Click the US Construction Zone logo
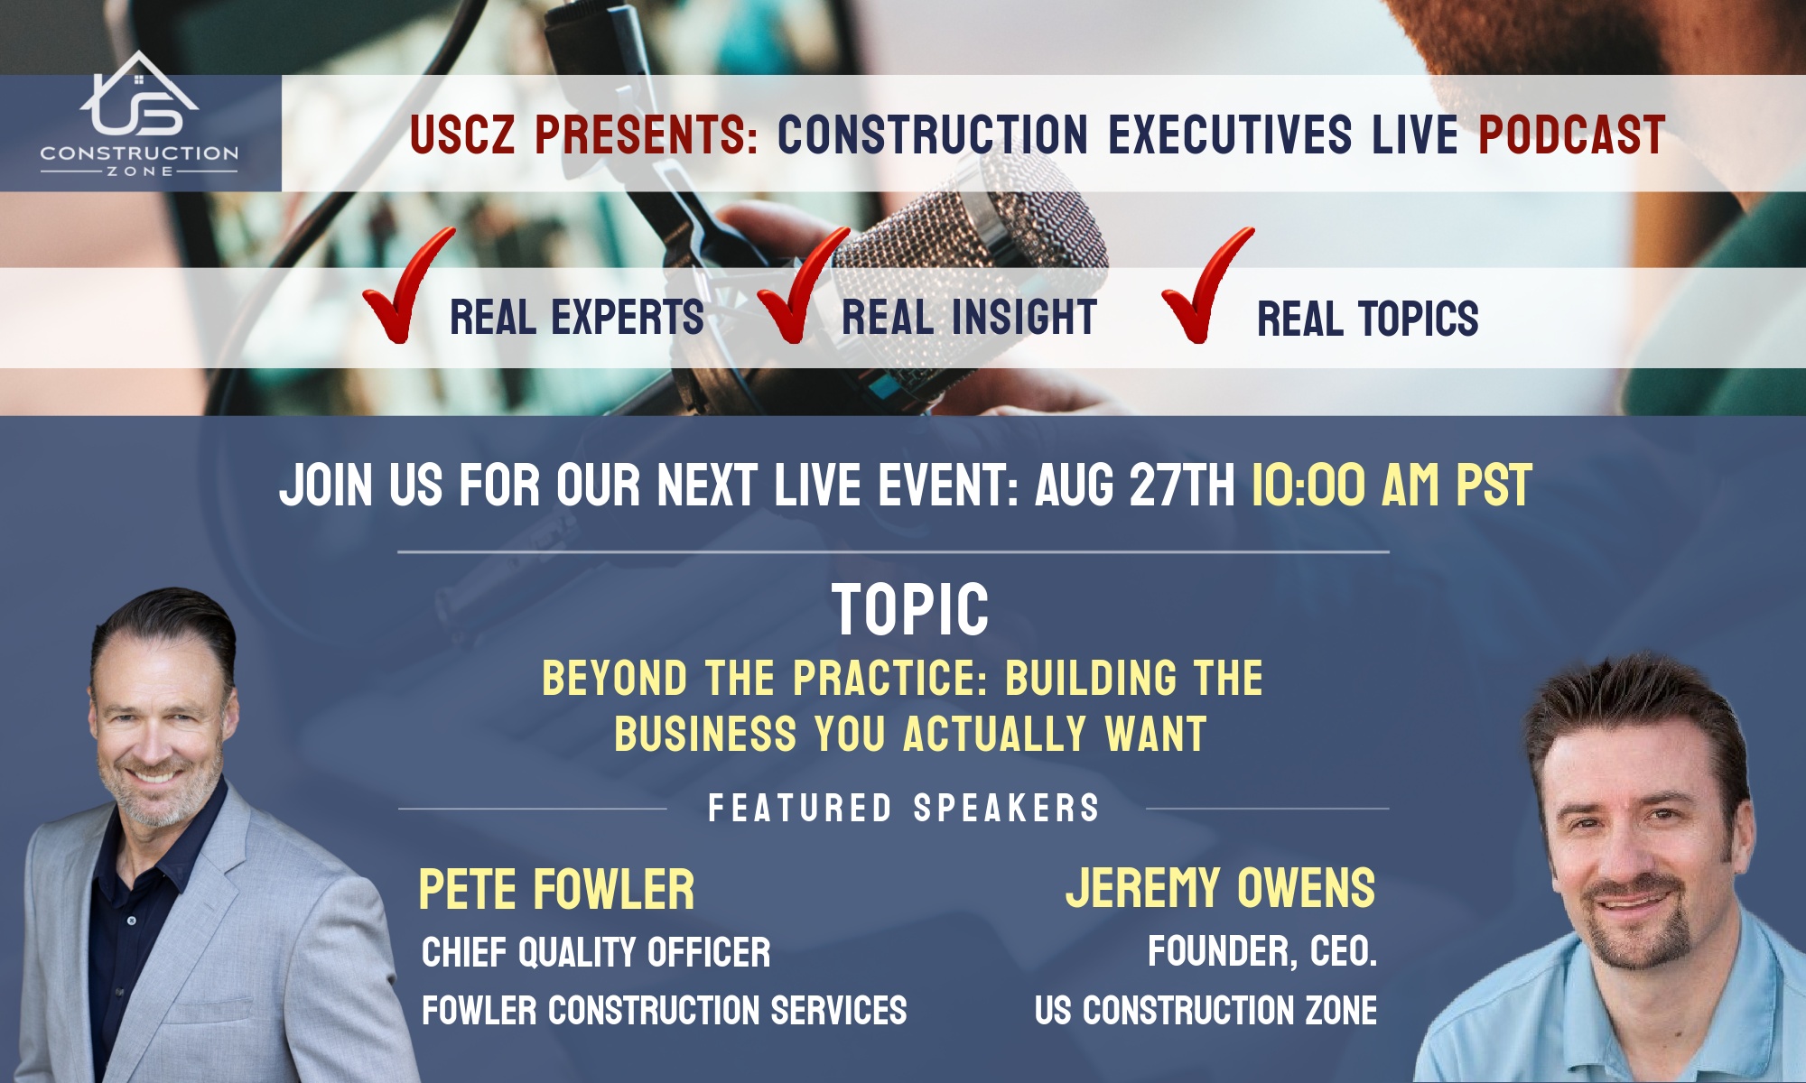[139, 115]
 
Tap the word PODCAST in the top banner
[1571, 135]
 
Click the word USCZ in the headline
[461, 135]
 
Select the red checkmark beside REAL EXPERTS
[407, 284]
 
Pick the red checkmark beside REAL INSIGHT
[802, 284]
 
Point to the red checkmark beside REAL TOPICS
[1206, 284]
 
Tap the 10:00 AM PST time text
[1392, 486]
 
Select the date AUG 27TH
[1135, 486]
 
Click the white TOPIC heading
[910, 610]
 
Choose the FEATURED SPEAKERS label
[904, 808]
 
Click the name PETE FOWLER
[556, 889]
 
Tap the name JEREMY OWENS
[1221, 888]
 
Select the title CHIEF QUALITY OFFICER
[596, 953]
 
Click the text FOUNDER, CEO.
[1262, 952]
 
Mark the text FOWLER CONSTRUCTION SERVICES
[664, 1011]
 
